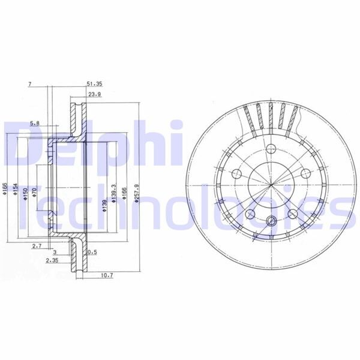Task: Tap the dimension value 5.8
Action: pos(36,124)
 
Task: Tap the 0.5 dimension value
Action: pos(93,253)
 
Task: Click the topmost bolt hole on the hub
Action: pos(269,150)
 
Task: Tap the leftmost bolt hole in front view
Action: pos(236,174)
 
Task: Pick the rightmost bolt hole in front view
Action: pos(303,174)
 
